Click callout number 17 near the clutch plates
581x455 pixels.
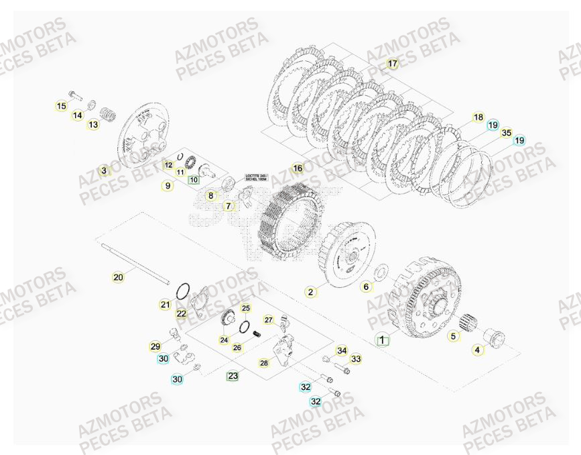click(x=392, y=64)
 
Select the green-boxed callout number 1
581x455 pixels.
click(x=382, y=340)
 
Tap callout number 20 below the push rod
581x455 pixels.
click(x=118, y=276)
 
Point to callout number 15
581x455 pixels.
click(x=61, y=105)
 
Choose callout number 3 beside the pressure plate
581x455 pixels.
click(x=103, y=170)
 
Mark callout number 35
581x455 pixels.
click(x=506, y=134)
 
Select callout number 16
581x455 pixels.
click(x=298, y=168)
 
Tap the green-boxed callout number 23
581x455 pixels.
click(x=233, y=376)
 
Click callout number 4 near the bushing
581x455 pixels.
click(x=477, y=349)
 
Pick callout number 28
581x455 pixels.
click(x=263, y=362)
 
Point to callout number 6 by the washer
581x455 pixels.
click(x=366, y=287)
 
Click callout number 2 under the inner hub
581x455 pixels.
click(x=310, y=292)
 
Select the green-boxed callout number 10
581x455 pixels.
click(x=194, y=179)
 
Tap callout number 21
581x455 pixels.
click(x=165, y=305)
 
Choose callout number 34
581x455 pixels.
click(x=342, y=350)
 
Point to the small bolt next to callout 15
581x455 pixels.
click(x=74, y=95)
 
